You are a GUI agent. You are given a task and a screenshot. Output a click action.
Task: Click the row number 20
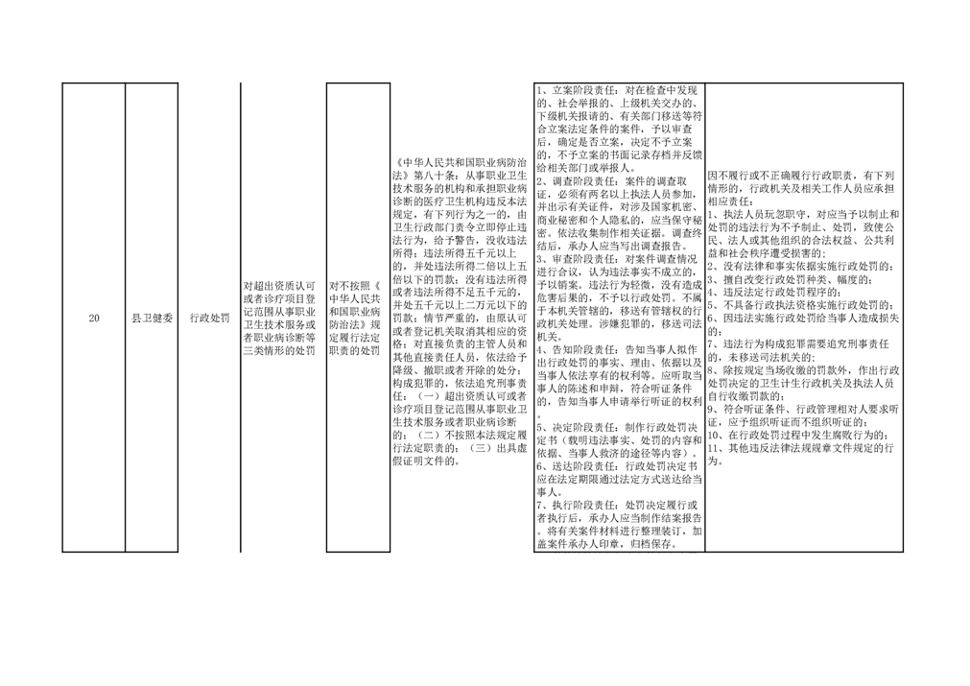point(94,318)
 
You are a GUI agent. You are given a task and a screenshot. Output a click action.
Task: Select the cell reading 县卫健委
point(152,318)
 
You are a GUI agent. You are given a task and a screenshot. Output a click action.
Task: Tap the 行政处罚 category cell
point(210,318)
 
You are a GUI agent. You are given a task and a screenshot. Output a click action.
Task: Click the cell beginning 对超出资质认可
point(279,318)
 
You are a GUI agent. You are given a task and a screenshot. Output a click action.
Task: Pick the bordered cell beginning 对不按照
point(358,318)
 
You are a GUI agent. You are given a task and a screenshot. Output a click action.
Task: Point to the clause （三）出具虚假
point(498,448)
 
